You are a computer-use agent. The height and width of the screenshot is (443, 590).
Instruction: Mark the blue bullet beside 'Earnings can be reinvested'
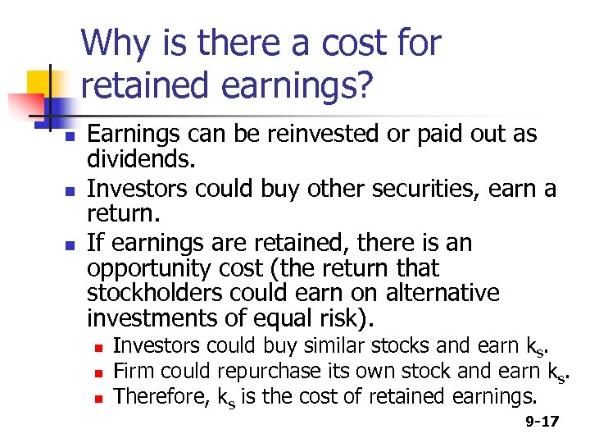click(x=71, y=134)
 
